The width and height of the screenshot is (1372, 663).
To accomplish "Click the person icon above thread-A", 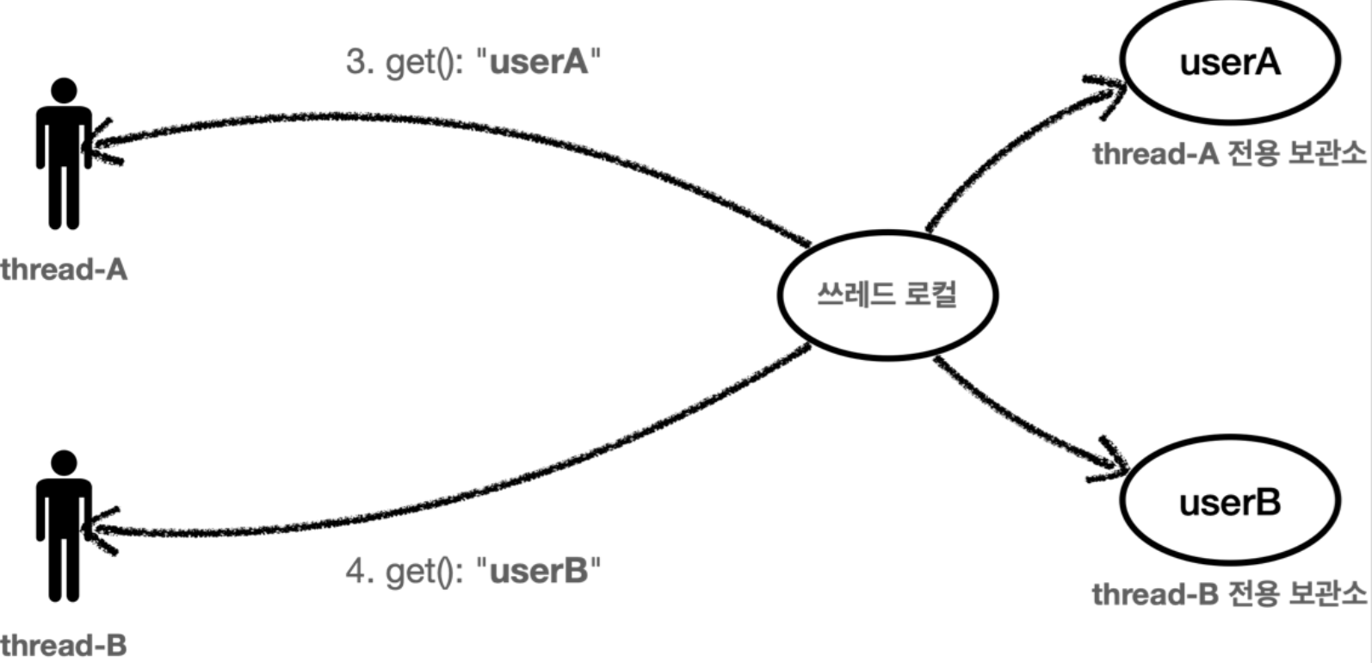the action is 65,153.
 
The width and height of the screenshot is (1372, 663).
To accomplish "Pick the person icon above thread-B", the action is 65,526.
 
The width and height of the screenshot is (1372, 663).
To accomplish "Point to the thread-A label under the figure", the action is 64,270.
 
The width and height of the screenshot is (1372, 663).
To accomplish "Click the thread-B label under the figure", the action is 64,645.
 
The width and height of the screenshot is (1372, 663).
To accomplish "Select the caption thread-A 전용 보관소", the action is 1228,153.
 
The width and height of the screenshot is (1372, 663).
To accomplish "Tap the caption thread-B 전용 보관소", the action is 1228,594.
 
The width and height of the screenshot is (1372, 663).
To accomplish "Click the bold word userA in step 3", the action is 539,62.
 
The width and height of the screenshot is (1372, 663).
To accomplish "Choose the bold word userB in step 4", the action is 539,571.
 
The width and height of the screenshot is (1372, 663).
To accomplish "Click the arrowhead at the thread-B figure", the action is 104,530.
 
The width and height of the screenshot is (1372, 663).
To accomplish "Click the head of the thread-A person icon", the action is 65,90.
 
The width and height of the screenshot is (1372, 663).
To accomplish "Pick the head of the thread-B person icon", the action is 65,462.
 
